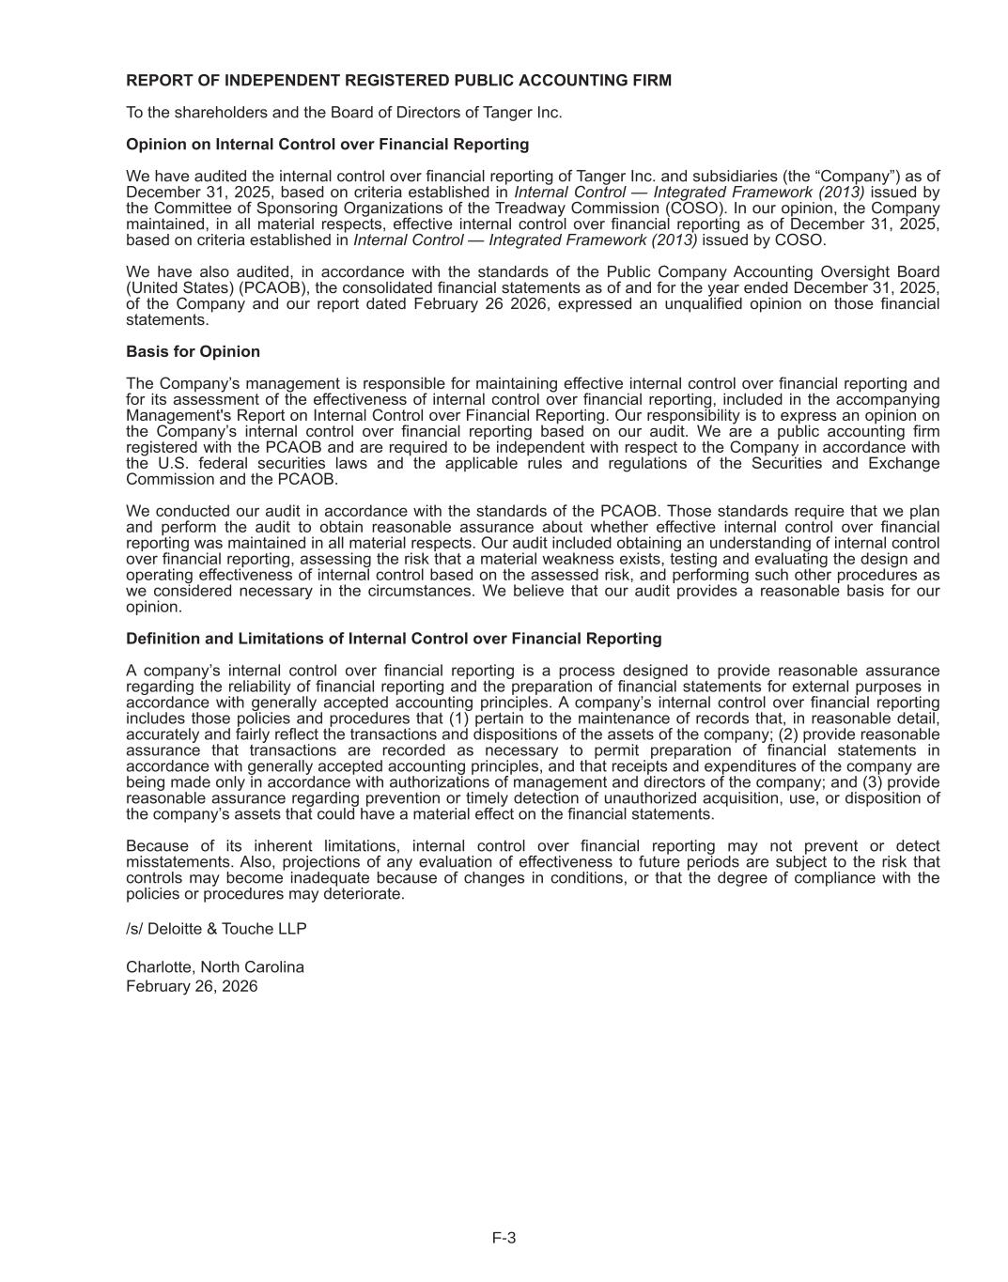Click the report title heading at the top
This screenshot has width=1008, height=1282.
click(x=398, y=81)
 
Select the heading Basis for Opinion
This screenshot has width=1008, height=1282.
click(x=193, y=351)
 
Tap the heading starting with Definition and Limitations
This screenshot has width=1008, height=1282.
click(x=394, y=639)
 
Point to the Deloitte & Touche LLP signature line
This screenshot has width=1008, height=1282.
click(x=216, y=929)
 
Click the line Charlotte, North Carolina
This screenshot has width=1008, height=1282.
click(x=215, y=967)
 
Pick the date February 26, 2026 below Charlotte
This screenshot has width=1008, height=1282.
click(x=192, y=986)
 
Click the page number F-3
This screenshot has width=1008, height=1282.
click(x=504, y=1238)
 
